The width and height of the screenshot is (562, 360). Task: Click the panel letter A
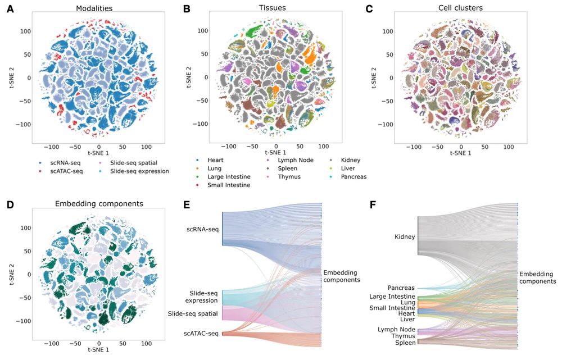10,9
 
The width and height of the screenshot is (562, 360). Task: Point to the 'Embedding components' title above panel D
98,203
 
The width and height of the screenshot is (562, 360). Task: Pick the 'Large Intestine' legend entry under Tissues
229,176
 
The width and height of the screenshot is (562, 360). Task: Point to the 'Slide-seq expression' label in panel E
202,297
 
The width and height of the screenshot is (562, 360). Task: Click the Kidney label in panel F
405,237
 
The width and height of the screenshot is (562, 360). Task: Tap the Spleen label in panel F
404,343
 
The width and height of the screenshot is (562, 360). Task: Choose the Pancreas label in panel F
401,288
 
